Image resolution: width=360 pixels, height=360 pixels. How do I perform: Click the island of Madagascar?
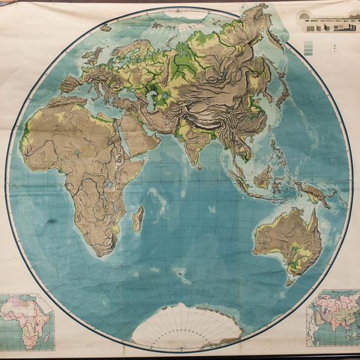tap(137, 219)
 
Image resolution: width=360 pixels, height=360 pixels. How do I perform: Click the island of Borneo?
tap(264, 177)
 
